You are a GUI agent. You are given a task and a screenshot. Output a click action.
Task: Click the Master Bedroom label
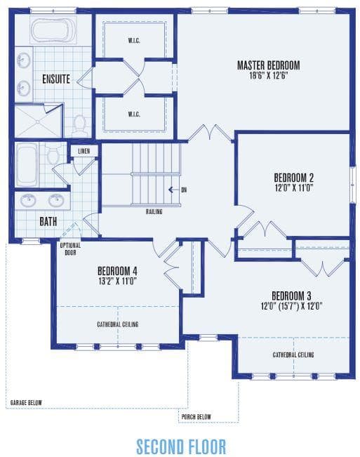(x=268, y=65)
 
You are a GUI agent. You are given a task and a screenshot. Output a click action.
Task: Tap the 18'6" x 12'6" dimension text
(x=269, y=76)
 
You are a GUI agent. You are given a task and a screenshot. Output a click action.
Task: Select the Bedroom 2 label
(x=293, y=178)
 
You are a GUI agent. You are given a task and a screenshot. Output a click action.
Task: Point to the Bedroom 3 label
(x=291, y=296)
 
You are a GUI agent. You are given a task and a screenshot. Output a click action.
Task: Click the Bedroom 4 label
(x=117, y=271)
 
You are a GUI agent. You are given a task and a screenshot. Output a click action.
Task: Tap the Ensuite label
(x=56, y=79)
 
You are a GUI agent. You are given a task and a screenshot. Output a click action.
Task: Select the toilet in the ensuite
(x=79, y=126)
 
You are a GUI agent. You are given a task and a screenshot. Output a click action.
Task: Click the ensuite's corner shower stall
(x=39, y=121)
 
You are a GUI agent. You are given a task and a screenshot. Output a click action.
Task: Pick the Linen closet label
(x=84, y=151)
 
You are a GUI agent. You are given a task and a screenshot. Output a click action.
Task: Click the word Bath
(x=48, y=222)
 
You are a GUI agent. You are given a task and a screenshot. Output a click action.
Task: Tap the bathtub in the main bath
(x=27, y=164)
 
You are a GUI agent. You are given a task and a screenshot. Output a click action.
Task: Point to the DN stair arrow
(x=173, y=190)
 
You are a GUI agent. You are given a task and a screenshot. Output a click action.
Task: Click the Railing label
(x=154, y=211)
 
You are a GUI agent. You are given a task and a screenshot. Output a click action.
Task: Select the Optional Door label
(x=70, y=249)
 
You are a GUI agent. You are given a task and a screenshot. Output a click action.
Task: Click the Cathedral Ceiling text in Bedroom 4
(x=118, y=324)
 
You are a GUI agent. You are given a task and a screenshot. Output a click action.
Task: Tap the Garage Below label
(x=26, y=403)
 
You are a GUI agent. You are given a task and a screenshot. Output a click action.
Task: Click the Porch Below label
(x=196, y=417)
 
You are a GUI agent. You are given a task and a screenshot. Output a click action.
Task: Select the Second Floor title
(x=181, y=446)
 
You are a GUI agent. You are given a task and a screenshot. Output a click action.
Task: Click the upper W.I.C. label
(x=134, y=40)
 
